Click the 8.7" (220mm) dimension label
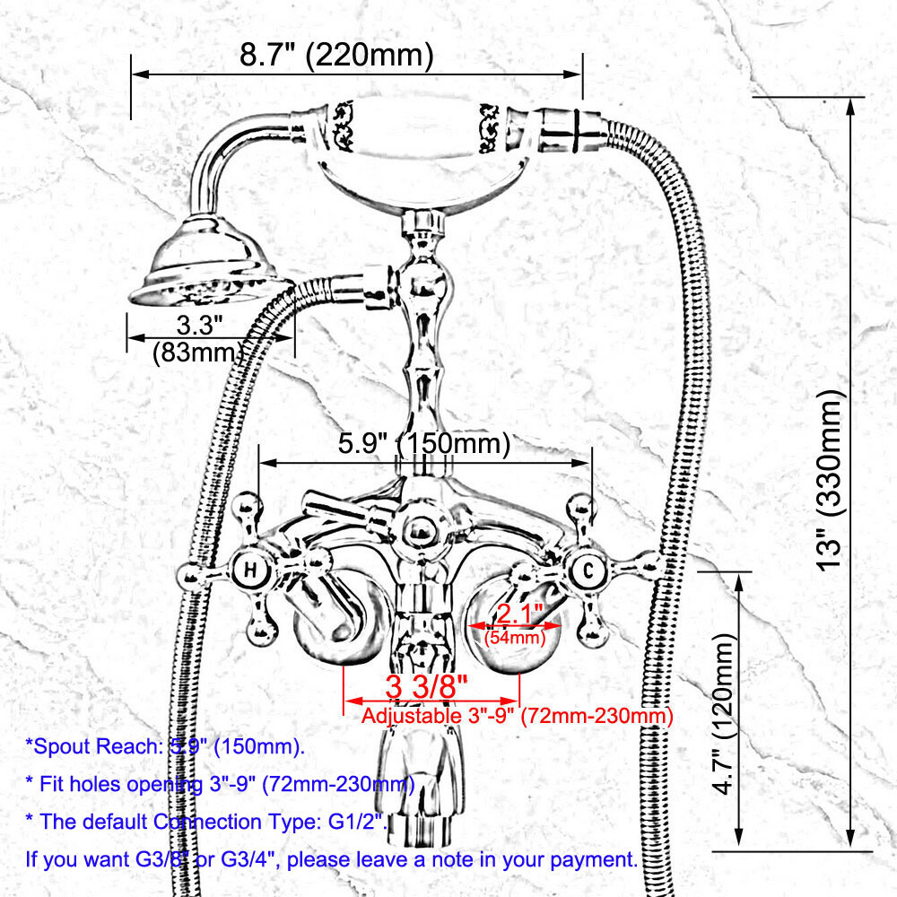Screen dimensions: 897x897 click(x=336, y=56)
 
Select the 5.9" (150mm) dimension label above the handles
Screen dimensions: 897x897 click(x=423, y=443)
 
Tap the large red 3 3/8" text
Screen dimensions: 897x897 click(x=427, y=687)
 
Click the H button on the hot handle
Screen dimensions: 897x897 click(x=251, y=570)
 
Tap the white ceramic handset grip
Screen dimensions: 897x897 click(x=418, y=144)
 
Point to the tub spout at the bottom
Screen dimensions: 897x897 click(x=422, y=780)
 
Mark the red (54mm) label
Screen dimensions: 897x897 click(x=514, y=639)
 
